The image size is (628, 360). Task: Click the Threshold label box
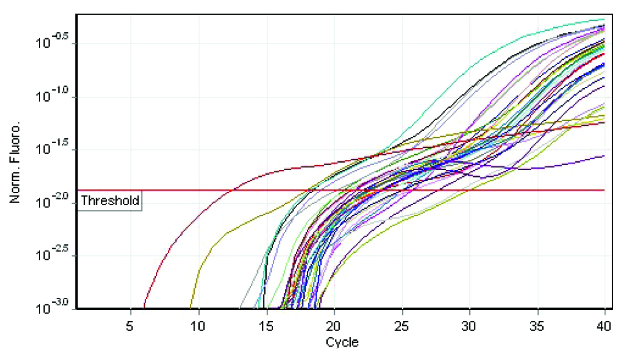(x=110, y=201)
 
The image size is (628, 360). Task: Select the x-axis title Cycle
(x=342, y=342)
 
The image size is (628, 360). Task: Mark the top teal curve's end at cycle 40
(x=604, y=19)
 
